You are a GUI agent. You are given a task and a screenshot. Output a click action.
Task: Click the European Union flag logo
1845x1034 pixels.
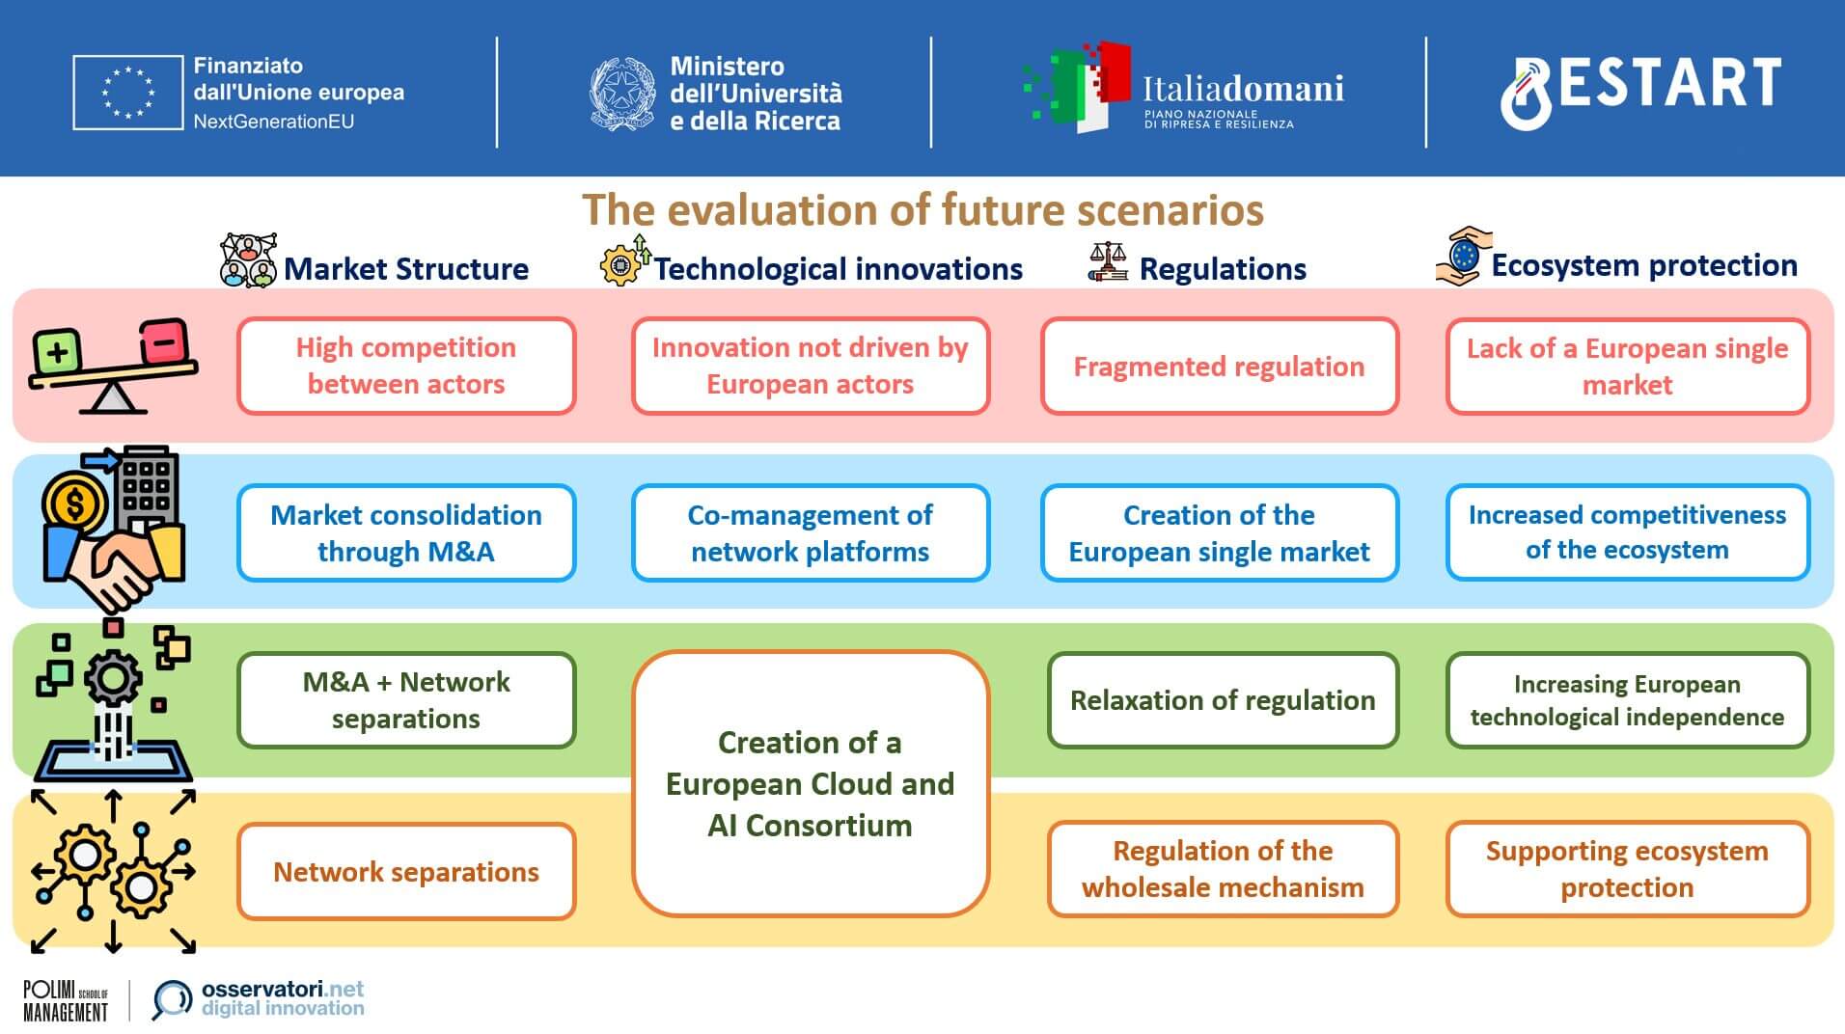click(x=128, y=93)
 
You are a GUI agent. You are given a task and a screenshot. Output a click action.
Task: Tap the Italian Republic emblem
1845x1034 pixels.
click(x=622, y=94)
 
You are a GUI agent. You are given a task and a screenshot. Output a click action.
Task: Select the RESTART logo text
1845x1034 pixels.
click(x=1640, y=90)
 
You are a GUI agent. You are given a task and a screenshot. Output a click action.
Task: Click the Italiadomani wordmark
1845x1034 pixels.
click(x=1243, y=89)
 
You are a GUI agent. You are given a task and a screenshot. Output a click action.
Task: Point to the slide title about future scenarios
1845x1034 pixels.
click(x=922, y=209)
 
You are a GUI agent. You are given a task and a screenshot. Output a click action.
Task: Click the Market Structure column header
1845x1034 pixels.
click(x=406, y=268)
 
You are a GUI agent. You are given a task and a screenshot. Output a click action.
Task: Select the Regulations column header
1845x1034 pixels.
click(x=1223, y=268)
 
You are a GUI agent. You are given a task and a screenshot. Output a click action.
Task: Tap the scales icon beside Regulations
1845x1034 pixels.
click(x=1108, y=261)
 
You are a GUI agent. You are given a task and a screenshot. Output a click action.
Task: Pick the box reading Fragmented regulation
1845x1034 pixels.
click(x=1220, y=367)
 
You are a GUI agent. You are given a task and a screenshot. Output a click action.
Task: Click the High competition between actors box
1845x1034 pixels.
click(x=406, y=366)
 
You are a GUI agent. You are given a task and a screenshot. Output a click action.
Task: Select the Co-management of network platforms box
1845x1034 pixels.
click(x=811, y=532)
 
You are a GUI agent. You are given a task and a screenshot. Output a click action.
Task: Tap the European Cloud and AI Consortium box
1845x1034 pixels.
click(x=811, y=783)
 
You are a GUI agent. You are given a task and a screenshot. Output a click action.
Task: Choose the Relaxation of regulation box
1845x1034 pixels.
click(x=1223, y=700)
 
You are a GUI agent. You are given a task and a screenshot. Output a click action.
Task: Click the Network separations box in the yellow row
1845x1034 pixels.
click(x=406, y=871)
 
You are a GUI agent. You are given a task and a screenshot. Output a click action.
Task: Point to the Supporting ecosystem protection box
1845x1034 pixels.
click(x=1627, y=869)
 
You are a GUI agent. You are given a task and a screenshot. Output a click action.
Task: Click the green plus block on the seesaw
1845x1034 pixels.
click(x=57, y=352)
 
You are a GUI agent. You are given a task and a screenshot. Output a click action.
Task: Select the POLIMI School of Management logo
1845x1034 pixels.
click(x=66, y=1001)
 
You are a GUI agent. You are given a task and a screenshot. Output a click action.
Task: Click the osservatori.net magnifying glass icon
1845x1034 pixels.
click(x=172, y=1000)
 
